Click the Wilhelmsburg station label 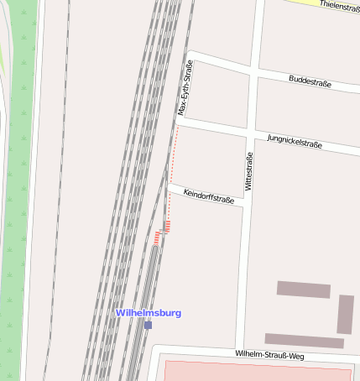coord(149,313)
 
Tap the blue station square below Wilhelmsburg coord(148,325)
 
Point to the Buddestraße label coord(310,82)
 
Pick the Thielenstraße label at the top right coord(335,7)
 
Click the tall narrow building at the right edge coord(345,314)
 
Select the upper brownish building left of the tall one coord(303,290)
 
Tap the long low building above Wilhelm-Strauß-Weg coord(304,341)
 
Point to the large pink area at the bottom coord(252,372)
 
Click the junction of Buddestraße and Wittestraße coord(252,76)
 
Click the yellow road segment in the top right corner coord(327,3)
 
